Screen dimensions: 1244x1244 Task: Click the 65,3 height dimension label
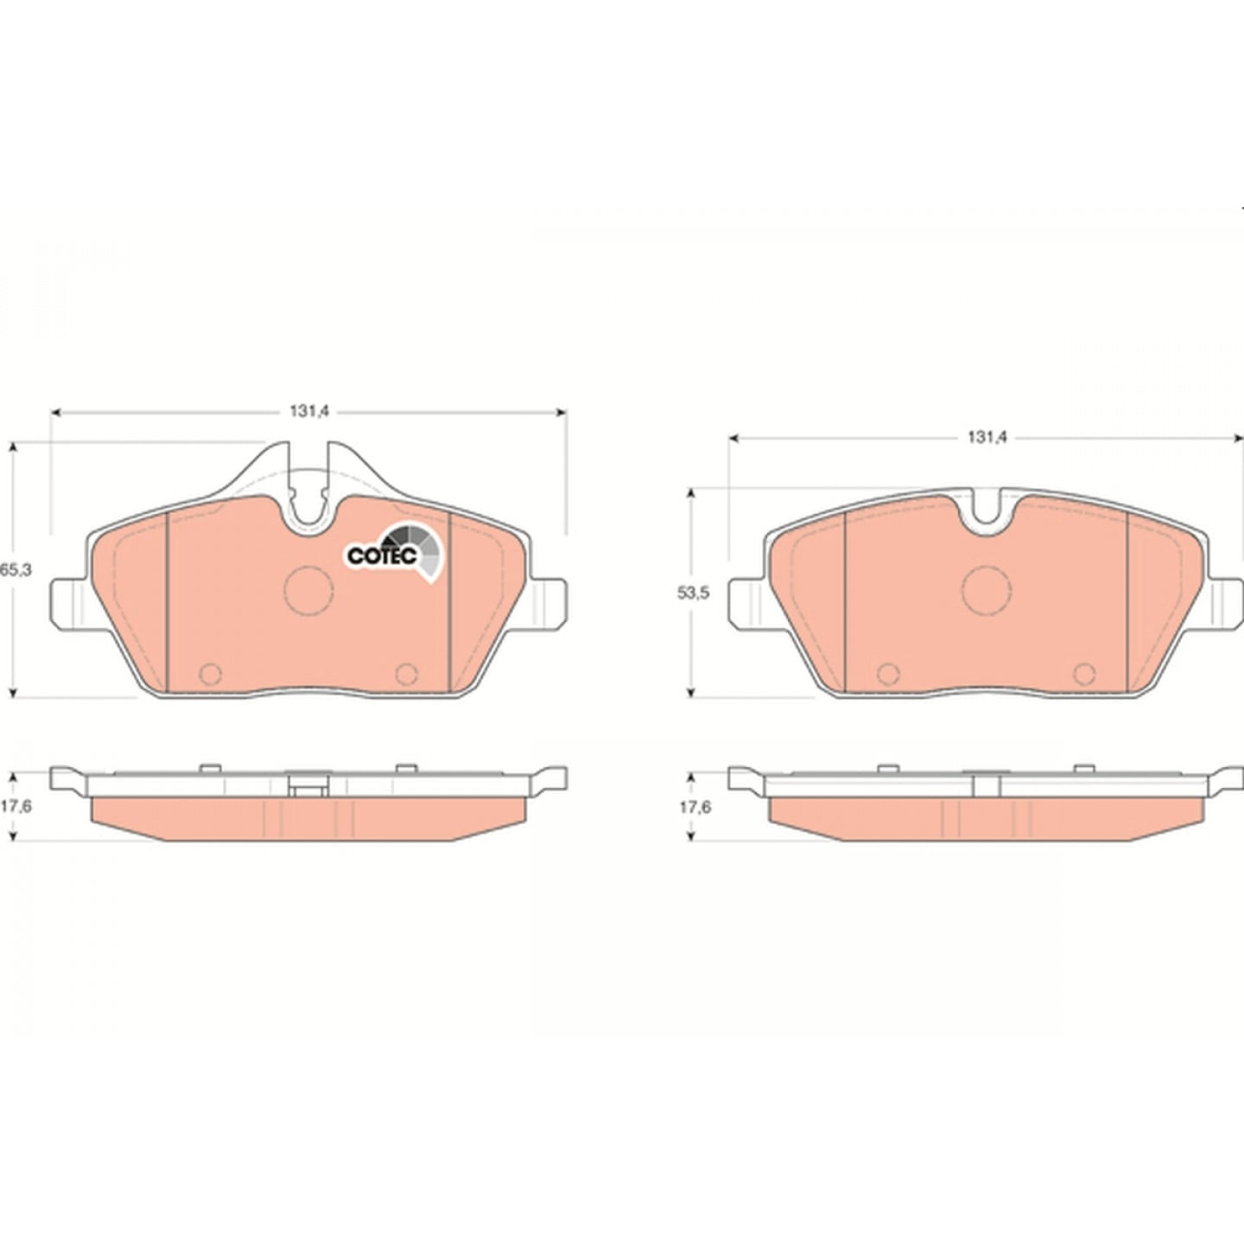(x=16, y=569)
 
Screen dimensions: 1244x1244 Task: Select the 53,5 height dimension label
(x=693, y=593)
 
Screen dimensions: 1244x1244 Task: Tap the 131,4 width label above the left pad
(x=309, y=412)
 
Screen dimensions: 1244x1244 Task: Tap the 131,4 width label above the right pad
(x=987, y=438)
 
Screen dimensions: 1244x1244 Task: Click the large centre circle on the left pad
(x=308, y=591)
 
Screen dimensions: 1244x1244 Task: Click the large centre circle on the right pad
(x=987, y=591)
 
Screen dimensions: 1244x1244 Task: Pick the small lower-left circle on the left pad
(x=211, y=674)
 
